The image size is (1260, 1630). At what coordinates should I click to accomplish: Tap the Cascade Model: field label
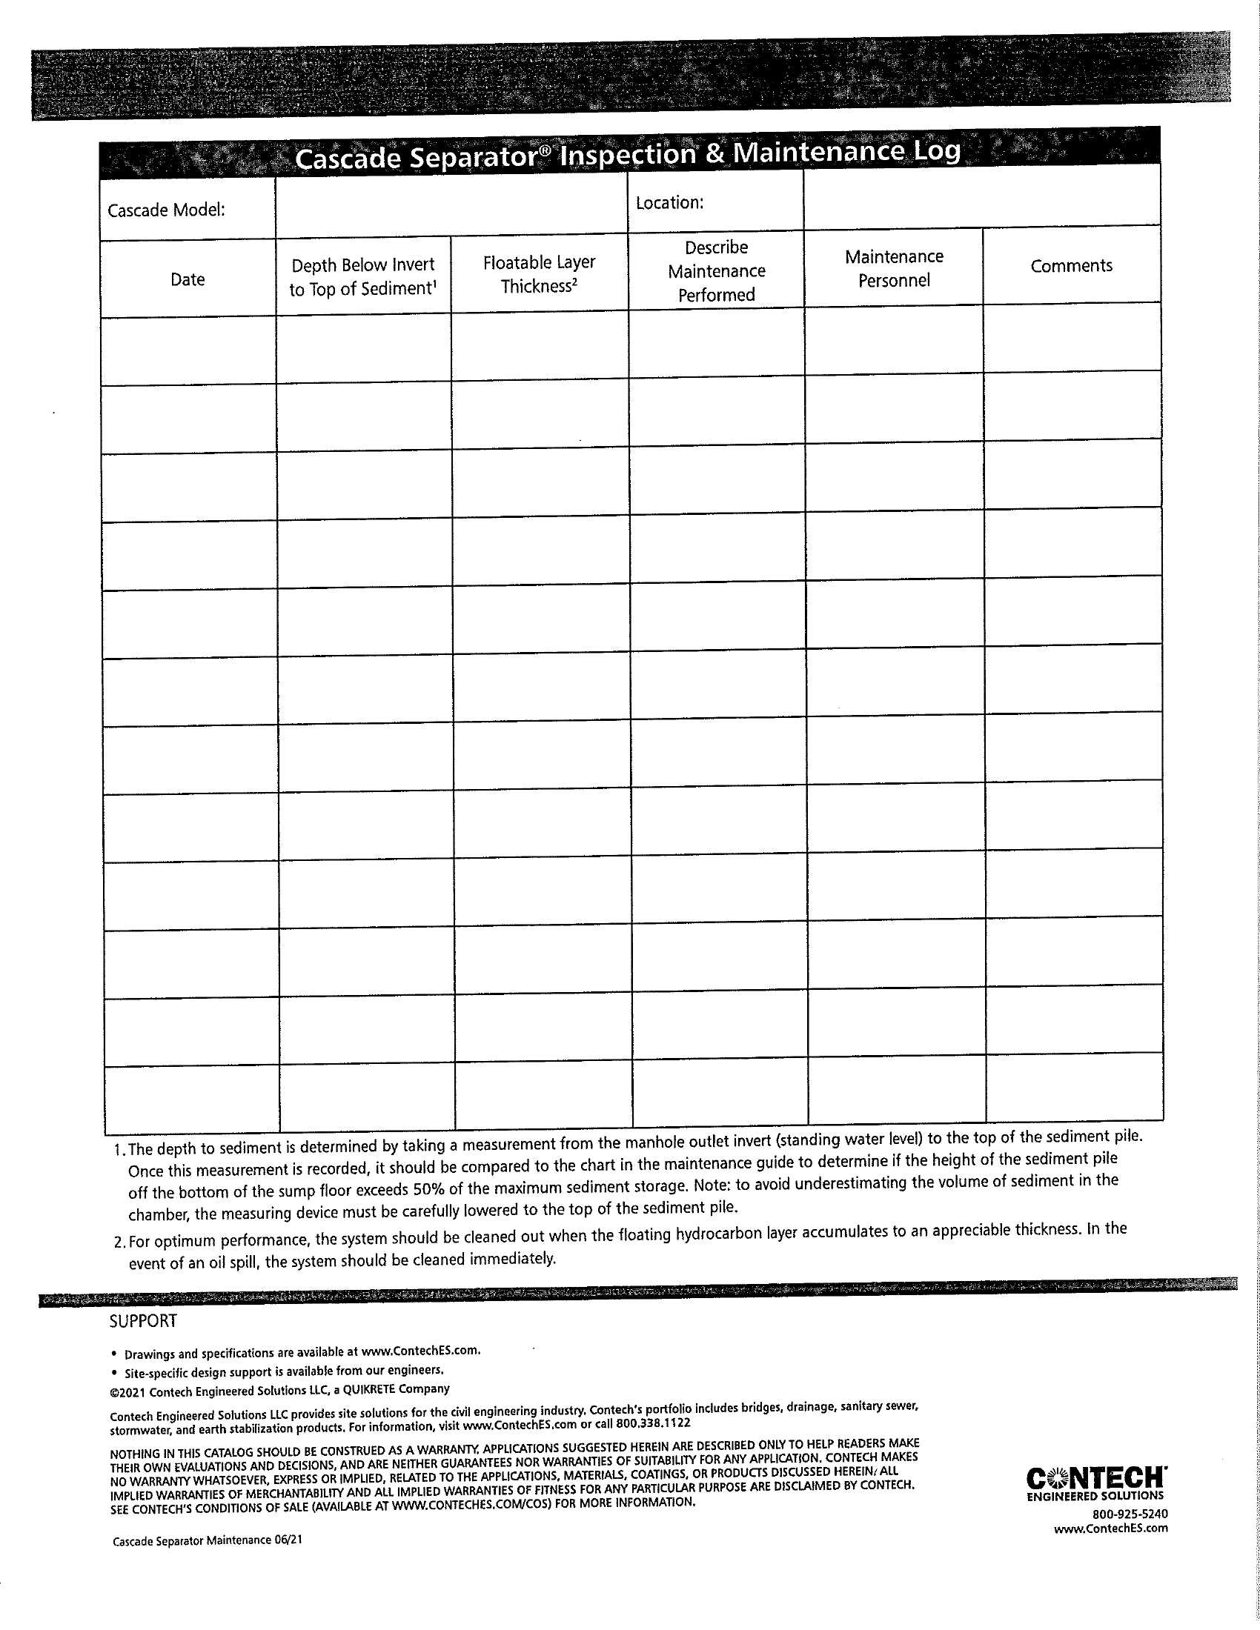coord(167,210)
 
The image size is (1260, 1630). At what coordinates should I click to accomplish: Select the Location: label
coord(669,203)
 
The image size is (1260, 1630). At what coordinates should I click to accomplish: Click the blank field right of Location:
coord(981,198)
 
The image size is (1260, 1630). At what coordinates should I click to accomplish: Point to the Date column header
coord(188,279)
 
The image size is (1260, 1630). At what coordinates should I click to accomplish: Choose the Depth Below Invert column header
coord(362,277)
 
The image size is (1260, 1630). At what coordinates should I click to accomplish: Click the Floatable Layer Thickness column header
coord(539,274)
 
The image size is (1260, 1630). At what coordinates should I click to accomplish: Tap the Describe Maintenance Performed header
coord(716,271)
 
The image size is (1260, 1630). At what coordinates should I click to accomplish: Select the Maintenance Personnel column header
coord(894,268)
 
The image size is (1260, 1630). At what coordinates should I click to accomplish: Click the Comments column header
coord(1071,266)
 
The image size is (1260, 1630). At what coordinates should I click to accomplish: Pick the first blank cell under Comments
coord(1072,337)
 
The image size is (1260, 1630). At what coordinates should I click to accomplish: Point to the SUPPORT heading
coord(143,1321)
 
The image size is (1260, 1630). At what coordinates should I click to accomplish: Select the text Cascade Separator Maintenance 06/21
coord(208,1540)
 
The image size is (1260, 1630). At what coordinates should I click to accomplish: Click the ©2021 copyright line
coord(279,1390)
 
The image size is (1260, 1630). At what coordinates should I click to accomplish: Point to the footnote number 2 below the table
coord(119,1242)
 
